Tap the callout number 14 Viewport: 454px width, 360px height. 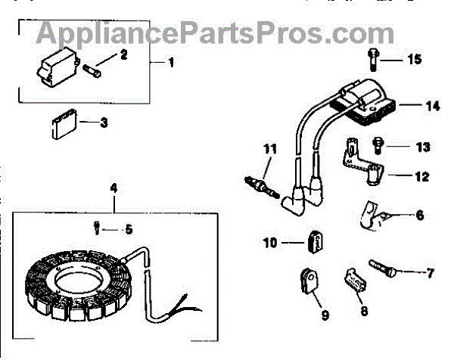pyautogui.click(x=431, y=107)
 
